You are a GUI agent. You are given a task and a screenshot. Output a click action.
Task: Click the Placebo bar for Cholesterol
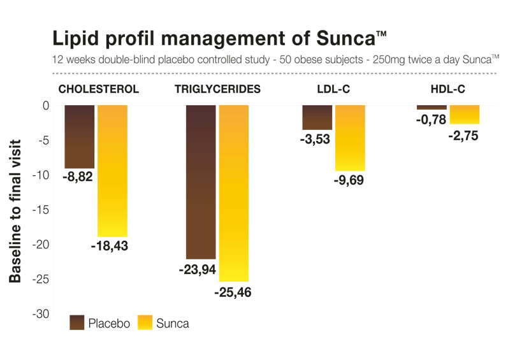point(80,136)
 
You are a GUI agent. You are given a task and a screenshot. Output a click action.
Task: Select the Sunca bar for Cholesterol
point(112,171)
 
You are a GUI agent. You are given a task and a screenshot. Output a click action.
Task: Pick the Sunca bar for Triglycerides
point(233,193)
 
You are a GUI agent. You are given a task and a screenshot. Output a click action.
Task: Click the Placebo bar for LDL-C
point(317,117)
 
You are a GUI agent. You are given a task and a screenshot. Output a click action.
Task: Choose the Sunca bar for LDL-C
point(350,138)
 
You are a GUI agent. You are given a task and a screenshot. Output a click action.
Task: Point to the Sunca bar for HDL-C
point(464,115)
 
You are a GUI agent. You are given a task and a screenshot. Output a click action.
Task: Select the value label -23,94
point(198,270)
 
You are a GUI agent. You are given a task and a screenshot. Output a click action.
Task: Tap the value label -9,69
point(349,182)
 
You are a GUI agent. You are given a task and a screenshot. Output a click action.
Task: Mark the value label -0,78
point(432,119)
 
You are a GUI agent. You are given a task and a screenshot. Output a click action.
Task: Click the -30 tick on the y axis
point(40,314)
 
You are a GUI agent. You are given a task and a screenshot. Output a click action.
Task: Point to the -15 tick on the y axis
point(40,210)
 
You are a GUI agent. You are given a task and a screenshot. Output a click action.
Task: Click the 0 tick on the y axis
point(45,105)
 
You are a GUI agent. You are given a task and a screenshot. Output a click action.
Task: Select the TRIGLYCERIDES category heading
point(217,89)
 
